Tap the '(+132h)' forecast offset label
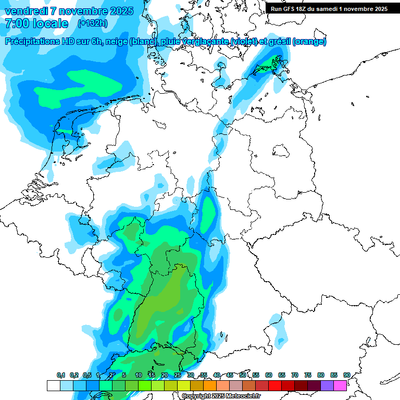coord(92,23)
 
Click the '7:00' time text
coord(16,23)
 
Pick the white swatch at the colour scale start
coord(53,385)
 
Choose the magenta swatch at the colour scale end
coord(340,385)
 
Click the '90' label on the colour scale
coord(346,375)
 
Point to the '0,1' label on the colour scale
coord(61,375)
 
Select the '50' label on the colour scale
coord(243,375)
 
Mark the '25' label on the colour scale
coord(178,375)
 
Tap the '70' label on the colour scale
coord(295,375)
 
